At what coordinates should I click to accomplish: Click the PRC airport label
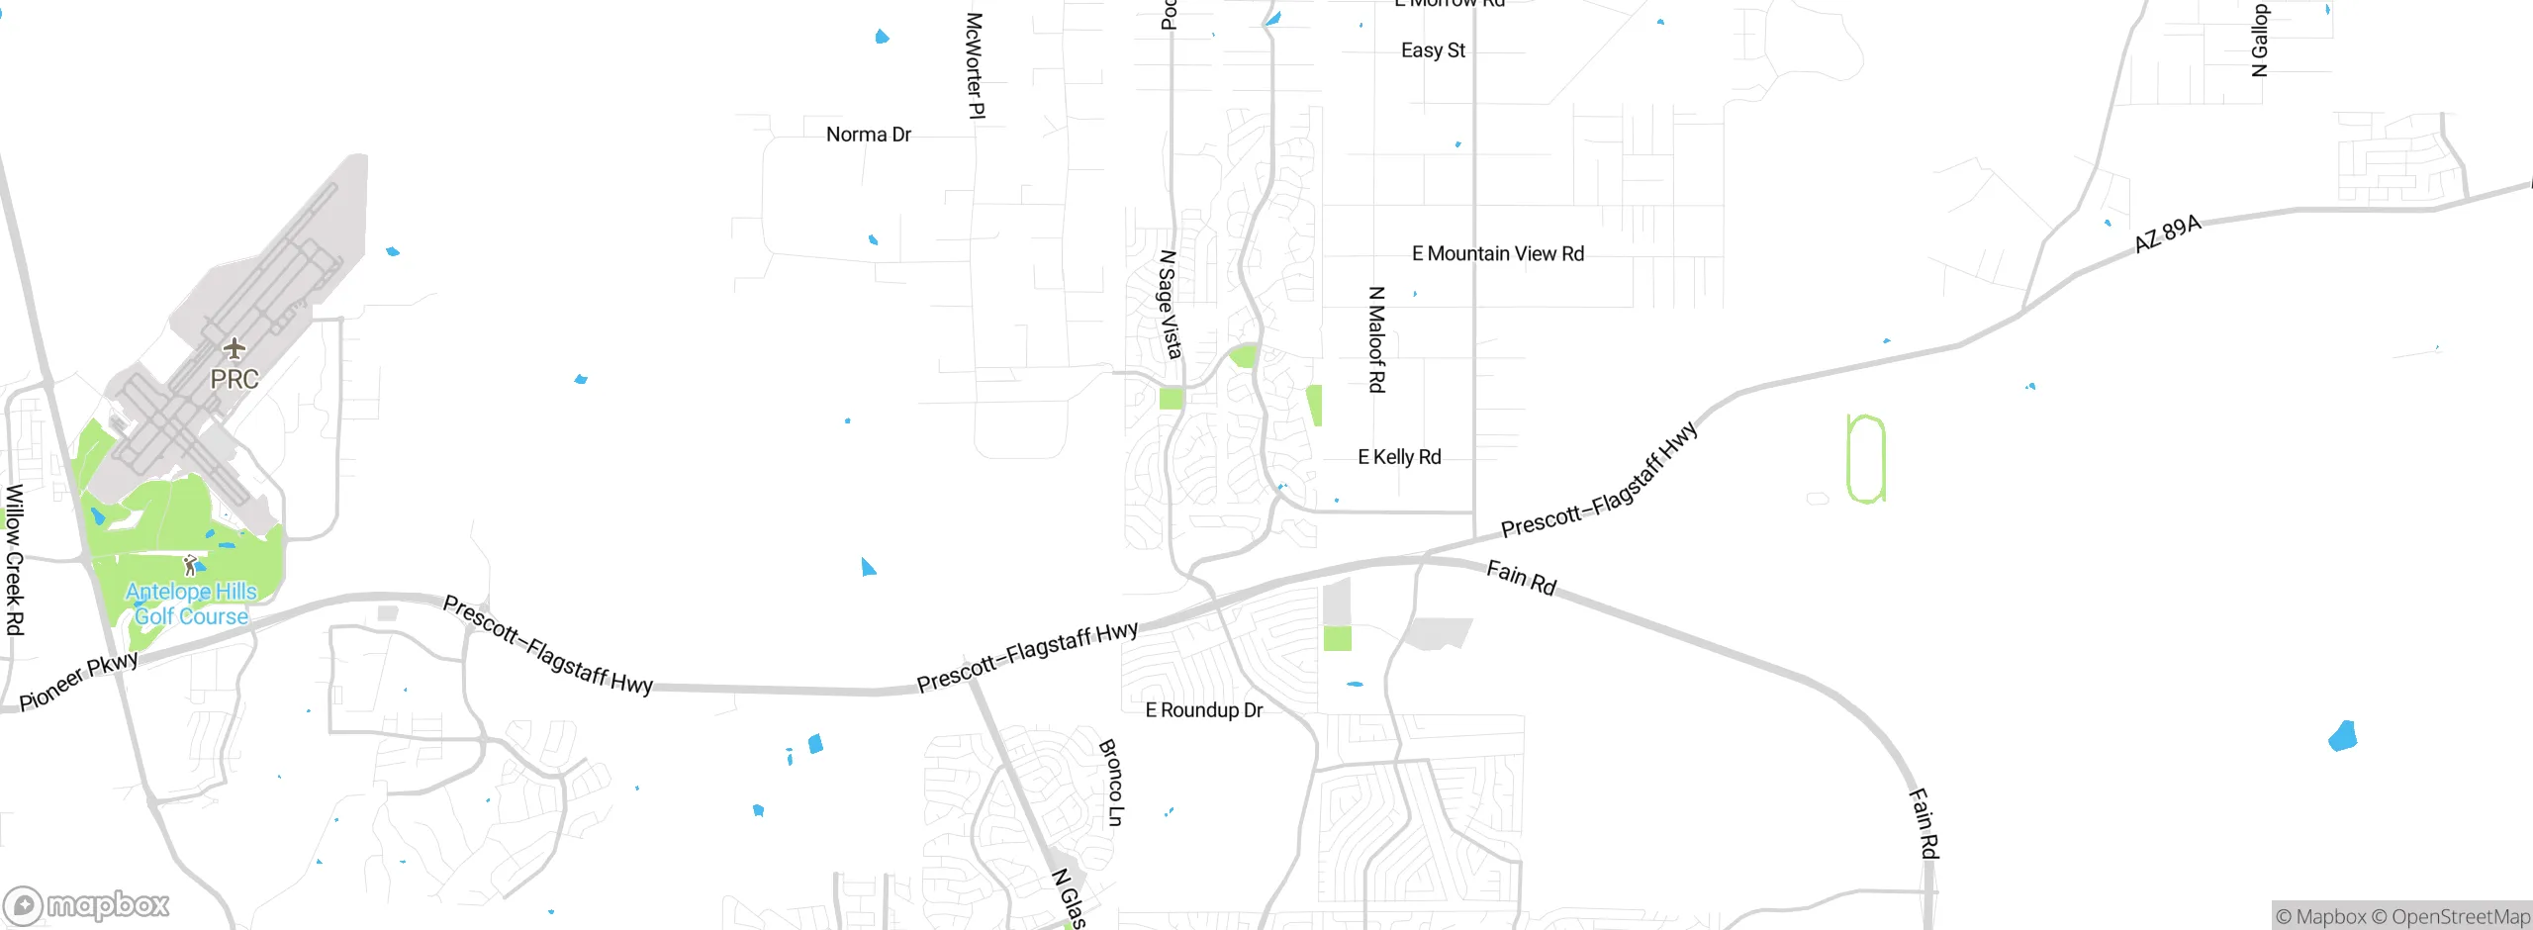235,379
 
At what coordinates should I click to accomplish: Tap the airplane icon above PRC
234,348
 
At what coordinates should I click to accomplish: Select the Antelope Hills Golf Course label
191,604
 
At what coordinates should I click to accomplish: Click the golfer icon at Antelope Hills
191,566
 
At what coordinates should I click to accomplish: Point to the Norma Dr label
868,135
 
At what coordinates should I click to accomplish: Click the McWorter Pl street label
975,65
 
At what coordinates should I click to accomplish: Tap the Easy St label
1433,50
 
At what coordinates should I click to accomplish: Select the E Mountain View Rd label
1497,254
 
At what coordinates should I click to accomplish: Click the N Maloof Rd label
1376,339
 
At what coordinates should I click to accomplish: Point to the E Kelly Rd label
1399,457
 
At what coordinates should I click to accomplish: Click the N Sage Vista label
1170,304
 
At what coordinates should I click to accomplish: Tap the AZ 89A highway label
2167,234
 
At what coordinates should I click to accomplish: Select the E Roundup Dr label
1203,710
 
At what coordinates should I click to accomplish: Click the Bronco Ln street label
1111,782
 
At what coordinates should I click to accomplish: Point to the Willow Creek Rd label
14,559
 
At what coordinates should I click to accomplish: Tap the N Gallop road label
2259,40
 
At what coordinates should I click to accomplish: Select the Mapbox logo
87,904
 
